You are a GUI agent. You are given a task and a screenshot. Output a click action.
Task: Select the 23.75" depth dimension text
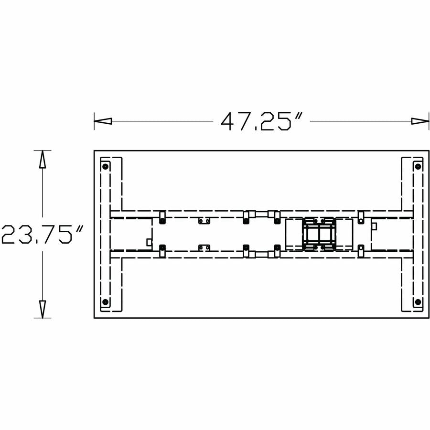[x=42, y=234]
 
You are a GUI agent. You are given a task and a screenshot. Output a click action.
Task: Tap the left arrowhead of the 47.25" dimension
[x=103, y=121]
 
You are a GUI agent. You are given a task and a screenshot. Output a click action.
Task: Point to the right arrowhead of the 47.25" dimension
[x=420, y=121]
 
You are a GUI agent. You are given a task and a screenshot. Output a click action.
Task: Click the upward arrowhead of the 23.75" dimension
[x=42, y=159]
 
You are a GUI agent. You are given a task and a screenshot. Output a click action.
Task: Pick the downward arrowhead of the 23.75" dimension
[x=42, y=309]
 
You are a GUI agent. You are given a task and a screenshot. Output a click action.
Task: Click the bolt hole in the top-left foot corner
[x=105, y=166]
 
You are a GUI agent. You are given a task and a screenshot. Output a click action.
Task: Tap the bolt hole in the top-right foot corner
[x=418, y=166]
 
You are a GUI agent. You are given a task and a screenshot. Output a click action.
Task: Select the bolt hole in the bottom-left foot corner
[x=105, y=302]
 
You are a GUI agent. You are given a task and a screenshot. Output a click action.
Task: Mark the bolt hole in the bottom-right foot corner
[x=418, y=302]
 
